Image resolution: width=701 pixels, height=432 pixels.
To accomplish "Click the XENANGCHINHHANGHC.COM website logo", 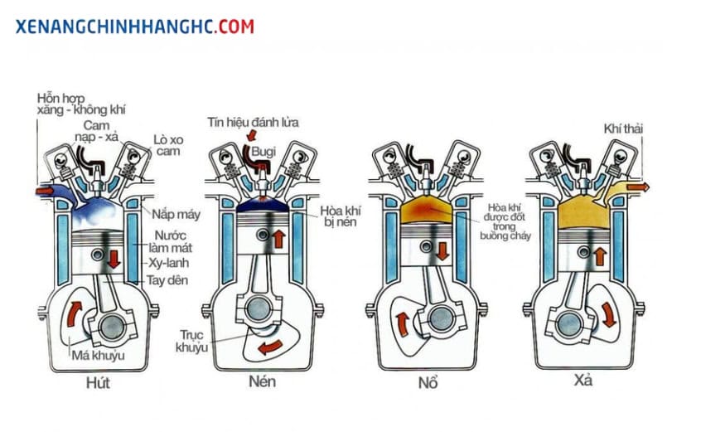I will click(x=135, y=27).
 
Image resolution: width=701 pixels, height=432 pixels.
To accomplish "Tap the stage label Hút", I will click(x=98, y=383).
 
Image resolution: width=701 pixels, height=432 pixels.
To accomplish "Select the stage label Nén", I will click(x=261, y=383).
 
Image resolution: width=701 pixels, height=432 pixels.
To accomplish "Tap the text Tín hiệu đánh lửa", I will click(x=254, y=122).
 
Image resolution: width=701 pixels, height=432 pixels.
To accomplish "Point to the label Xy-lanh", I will click(x=171, y=262).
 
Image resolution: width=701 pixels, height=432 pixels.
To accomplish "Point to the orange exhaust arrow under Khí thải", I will click(x=637, y=188).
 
